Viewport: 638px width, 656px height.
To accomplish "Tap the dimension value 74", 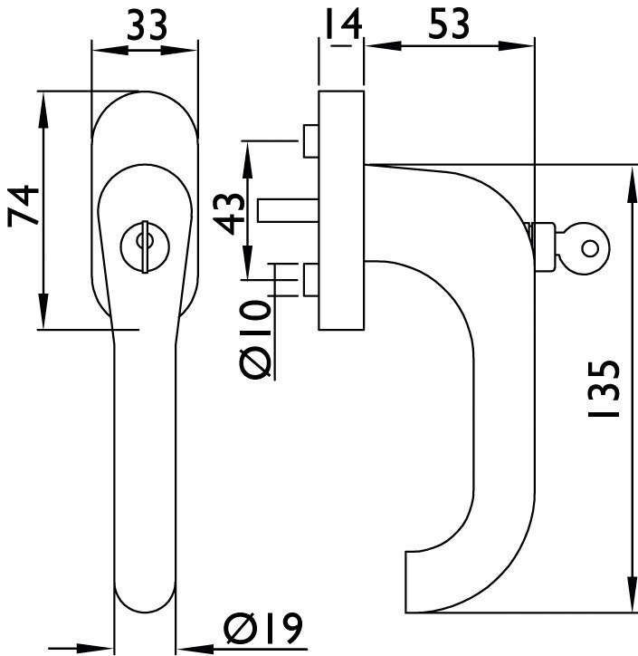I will (x=23, y=207).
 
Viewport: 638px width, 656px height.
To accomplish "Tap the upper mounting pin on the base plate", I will (x=309, y=141).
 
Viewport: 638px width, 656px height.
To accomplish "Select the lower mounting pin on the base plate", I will (x=310, y=279).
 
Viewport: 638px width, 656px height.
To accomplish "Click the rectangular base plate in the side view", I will (x=342, y=208).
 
